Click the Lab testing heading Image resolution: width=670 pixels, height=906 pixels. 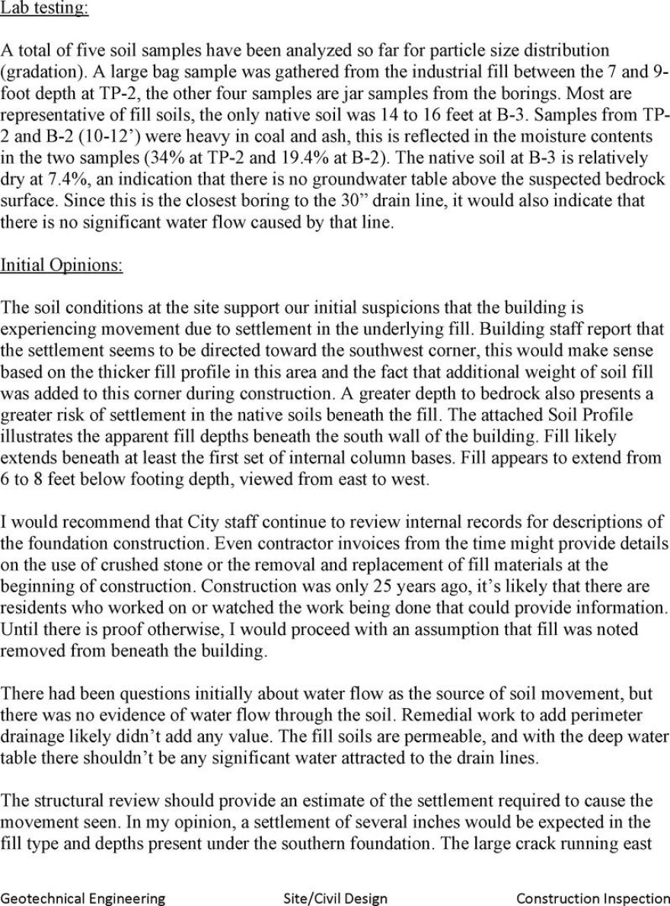44,9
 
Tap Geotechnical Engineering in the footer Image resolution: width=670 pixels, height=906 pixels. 83,898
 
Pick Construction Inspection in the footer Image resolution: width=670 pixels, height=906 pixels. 592,898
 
